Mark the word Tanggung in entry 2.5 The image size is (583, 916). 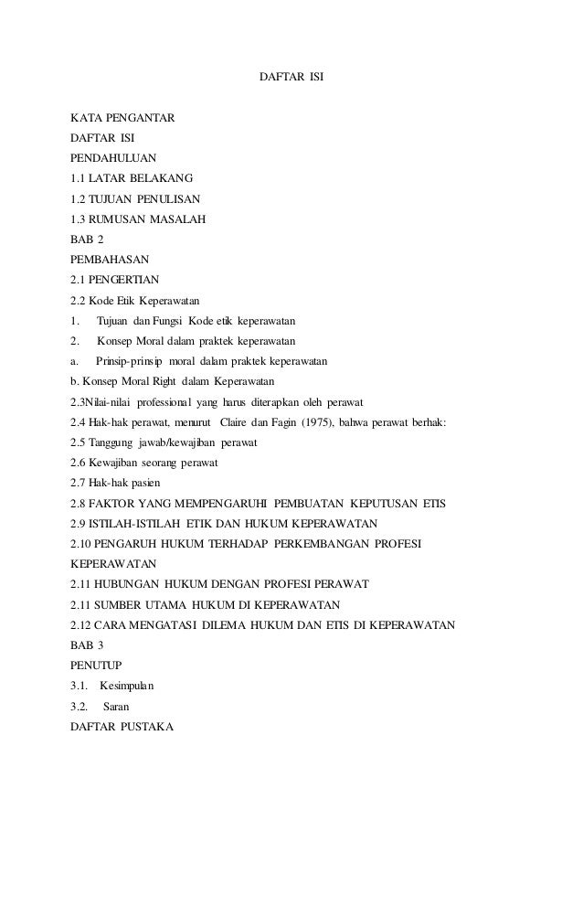click(x=110, y=442)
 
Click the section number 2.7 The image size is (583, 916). click(x=80, y=483)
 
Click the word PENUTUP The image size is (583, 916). click(x=96, y=666)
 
